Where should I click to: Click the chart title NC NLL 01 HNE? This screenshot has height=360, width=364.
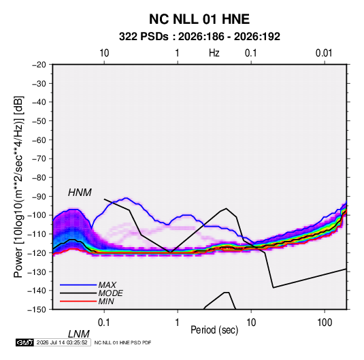pos(199,19)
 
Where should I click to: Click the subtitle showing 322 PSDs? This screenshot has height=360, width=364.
pos(199,37)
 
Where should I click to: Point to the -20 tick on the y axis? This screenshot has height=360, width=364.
pos(39,65)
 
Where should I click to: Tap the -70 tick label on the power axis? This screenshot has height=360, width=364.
pos(39,159)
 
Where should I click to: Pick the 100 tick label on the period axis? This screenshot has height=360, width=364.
pos(325,323)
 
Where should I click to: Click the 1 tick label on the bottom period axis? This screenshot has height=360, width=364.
pos(178,323)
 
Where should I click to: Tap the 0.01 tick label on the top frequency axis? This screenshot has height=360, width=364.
pos(324,53)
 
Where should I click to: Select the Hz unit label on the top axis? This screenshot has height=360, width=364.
pos(214,53)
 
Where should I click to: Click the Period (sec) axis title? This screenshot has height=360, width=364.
pos(214,330)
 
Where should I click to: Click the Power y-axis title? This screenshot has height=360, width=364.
pos(18,186)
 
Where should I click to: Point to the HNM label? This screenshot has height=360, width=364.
pos(80,193)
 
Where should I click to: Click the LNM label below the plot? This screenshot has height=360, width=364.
pos(79,334)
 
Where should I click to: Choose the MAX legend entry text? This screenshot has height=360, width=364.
pos(107,284)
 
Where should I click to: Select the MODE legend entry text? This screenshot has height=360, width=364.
pos(110,293)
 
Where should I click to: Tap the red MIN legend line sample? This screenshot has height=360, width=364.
pos(78,301)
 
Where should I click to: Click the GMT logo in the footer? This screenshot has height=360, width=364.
pos(24,342)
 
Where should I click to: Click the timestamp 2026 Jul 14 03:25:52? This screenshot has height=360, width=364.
pos(62,342)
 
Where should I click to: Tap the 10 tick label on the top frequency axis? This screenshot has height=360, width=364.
pos(104,53)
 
